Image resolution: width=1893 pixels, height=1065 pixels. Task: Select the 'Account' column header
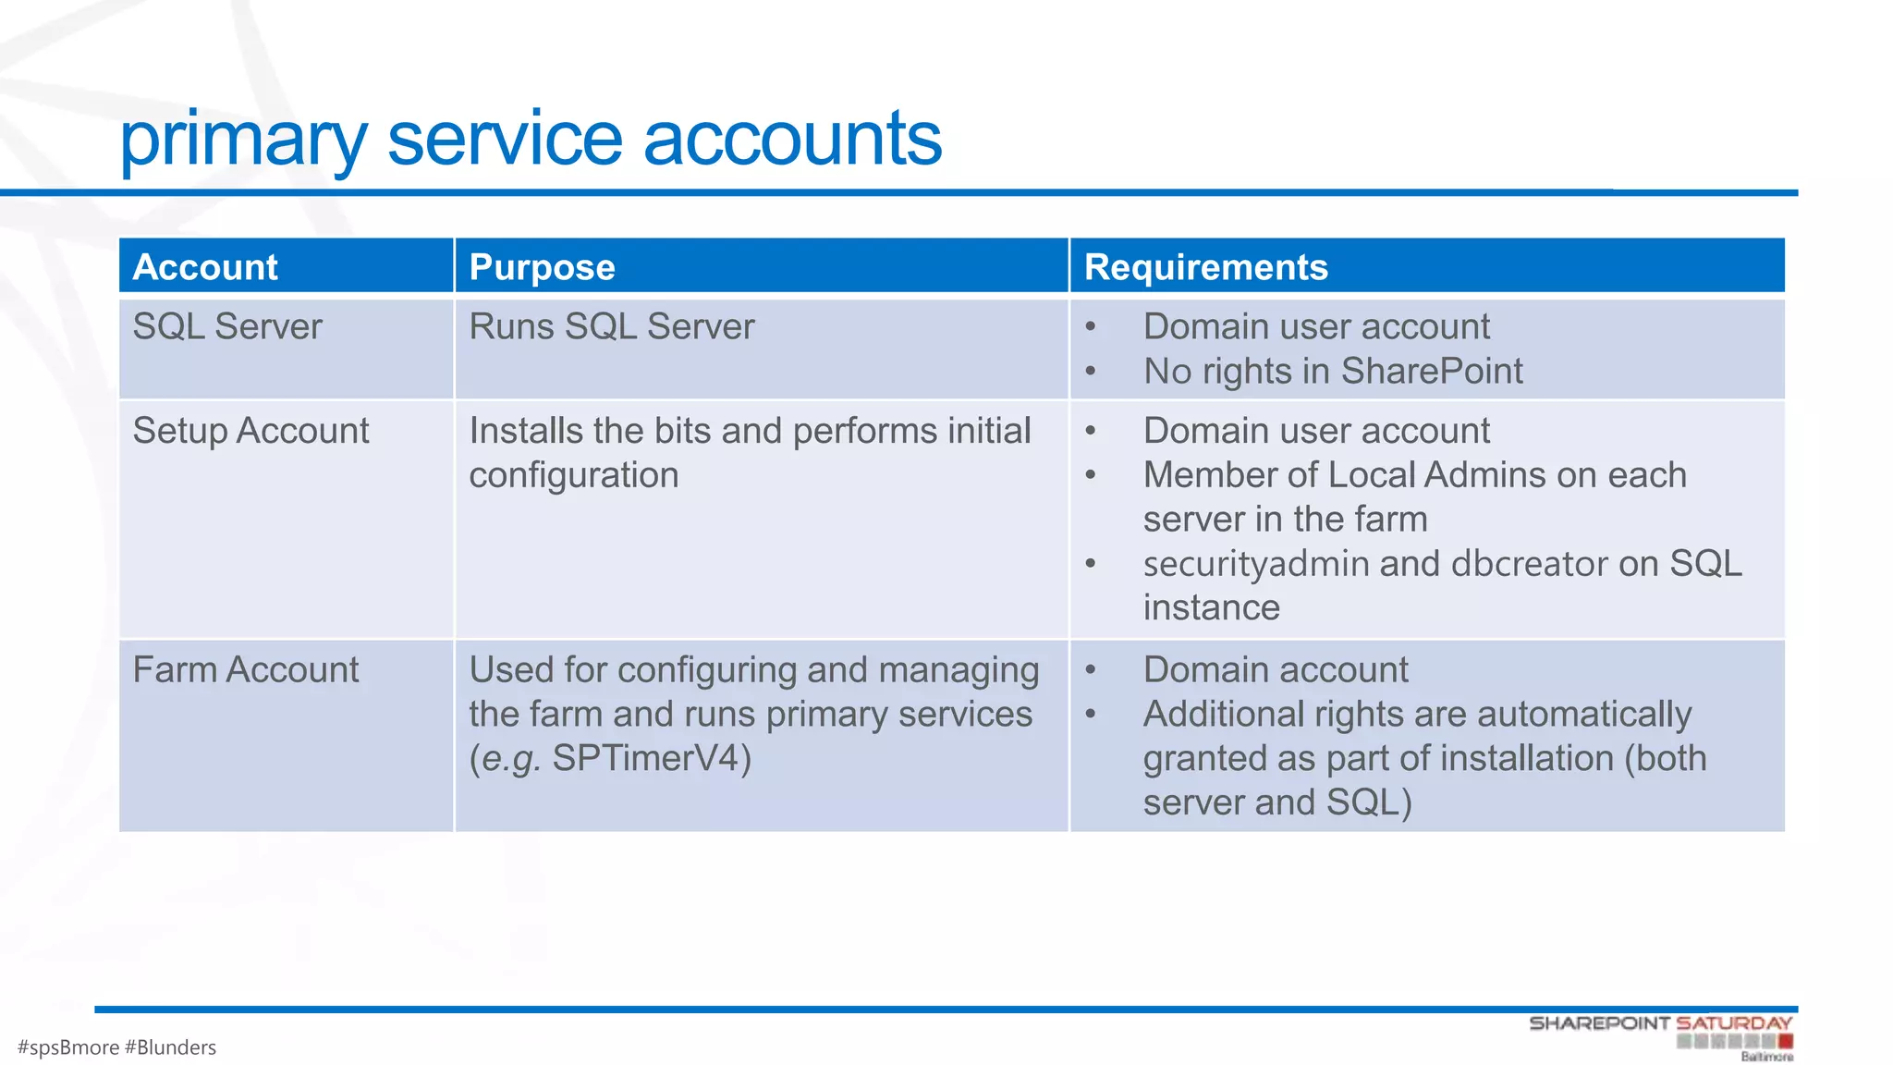[205, 267]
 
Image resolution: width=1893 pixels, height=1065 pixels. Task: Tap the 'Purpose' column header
[542, 267]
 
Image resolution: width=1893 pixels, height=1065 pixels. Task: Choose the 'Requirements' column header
[1205, 267]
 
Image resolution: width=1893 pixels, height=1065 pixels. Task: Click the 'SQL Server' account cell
[227, 327]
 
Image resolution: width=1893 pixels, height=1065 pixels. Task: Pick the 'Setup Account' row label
[250, 431]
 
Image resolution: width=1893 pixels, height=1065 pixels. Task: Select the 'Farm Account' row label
[245, 670]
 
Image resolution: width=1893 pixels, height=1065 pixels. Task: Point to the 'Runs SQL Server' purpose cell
[611, 327]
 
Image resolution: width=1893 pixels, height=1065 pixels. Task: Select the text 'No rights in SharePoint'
[1332, 372]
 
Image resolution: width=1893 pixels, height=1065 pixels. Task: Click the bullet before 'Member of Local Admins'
[1091, 476]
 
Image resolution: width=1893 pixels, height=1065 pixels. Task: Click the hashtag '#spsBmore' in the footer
[68, 1047]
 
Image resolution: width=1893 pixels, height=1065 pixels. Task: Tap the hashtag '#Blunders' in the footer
[170, 1047]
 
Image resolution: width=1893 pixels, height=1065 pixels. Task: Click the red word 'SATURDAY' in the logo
[1734, 1023]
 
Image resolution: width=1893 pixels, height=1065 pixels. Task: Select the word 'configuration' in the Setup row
[573, 476]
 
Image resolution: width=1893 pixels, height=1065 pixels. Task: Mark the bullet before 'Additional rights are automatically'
[1091, 715]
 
